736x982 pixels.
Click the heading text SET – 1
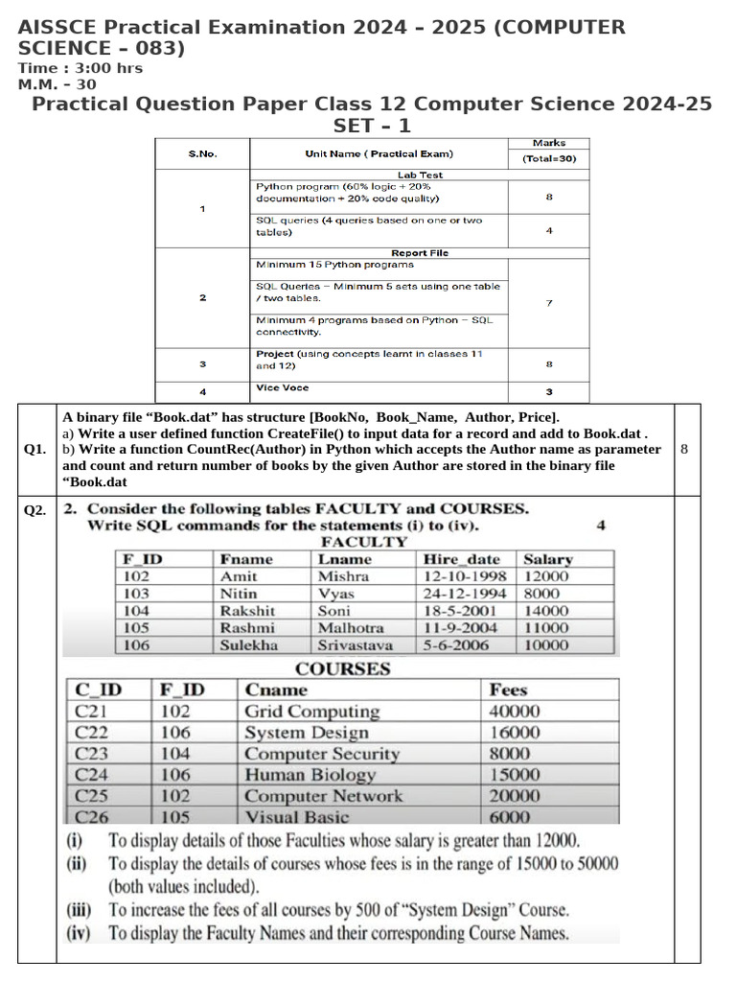[372, 126]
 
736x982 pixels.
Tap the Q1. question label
[35, 450]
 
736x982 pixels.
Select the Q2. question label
[35, 510]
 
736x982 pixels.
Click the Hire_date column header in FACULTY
[461, 559]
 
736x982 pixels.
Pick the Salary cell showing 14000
[546, 611]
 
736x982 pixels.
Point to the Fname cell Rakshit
[247, 611]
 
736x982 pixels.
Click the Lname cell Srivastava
[356, 645]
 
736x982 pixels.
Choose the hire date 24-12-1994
[465, 594]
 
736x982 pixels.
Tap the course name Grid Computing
[312, 712]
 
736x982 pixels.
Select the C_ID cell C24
[92, 775]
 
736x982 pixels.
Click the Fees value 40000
[515, 712]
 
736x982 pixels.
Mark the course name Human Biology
[310, 775]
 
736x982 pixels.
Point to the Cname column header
[276, 690]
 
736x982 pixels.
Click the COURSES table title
[343, 668]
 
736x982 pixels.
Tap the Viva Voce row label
[283, 388]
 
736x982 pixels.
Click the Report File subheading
[420, 253]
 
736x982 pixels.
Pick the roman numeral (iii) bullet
[80, 910]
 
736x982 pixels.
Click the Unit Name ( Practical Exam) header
[379, 153]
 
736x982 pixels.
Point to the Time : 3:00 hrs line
[80, 68]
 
